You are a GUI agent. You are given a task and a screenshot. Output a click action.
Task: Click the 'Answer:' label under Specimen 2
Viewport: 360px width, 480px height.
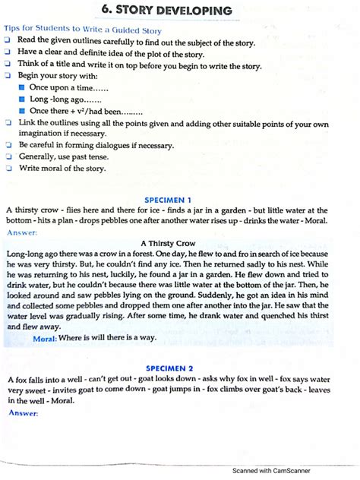point(23,412)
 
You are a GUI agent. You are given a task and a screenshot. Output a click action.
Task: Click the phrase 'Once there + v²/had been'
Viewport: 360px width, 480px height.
point(85,111)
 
